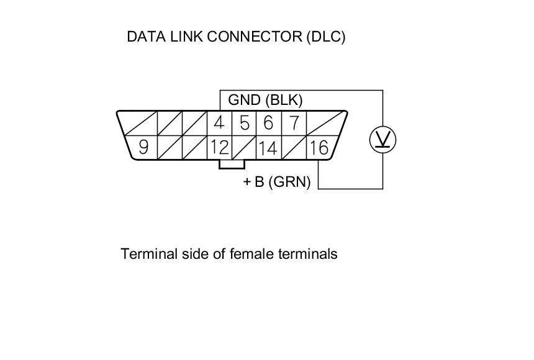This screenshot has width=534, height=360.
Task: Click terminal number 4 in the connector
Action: [x=219, y=123]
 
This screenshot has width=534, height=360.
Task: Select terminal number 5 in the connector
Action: [x=245, y=123]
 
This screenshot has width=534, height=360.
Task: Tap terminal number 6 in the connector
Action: [x=268, y=123]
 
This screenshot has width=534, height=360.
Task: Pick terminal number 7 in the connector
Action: [x=294, y=123]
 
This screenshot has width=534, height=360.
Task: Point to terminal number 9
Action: [x=143, y=147]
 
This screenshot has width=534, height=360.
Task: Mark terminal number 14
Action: [x=268, y=148]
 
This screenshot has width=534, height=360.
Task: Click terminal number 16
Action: [x=319, y=148]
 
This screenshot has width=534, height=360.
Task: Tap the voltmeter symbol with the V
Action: [x=382, y=139]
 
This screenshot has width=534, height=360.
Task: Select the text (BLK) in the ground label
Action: [x=283, y=100]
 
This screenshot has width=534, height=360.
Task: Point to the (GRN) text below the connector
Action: [x=289, y=182]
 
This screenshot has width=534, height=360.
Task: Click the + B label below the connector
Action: [x=255, y=182]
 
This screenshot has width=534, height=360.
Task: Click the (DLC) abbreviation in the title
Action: [x=325, y=37]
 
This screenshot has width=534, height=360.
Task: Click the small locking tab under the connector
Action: [x=232, y=164]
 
